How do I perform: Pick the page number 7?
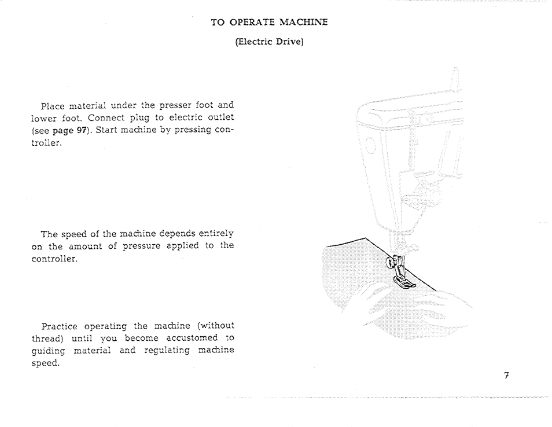506,376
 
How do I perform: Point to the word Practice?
60,326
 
